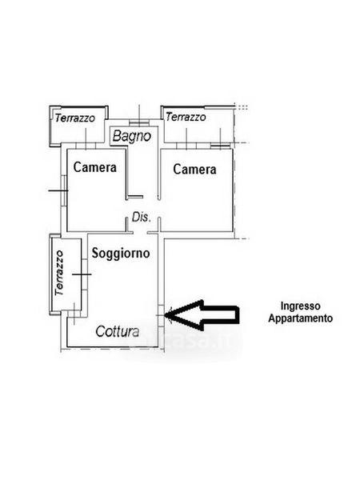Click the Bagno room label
pyautogui.click(x=132, y=136)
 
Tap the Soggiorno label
pyautogui.click(x=121, y=253)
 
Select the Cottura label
pyautogui.click(x=118, y=331)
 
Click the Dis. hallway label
pyautogui.click(x=142, y=217)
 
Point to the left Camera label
pyautogui.click(x=95, y=167)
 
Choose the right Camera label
pyautogui.click(x=194, y=169)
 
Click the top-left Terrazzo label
pyautogui.click(x=75, y=118)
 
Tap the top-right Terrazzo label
pyautogui.click(x=186, y=117)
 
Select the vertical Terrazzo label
pyautogui.click(x=59, y=273)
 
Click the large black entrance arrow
pyautogui.click(x=202, y=315)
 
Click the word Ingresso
pyautogui.click(x=301, y=306)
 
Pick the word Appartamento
pyautogui.click(x=301, y=318)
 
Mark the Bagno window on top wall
pyautogui.click(x=139, y=122)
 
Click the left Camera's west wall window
pyautogui.click(x=64, y=190)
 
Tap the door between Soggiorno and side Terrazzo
pyautogui.click(x=85, y=274)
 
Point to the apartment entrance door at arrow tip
pyautogui.click(x=162, y=315)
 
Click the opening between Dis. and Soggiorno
pyautogui.click(x=140, y=233)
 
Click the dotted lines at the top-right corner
pyautogui.click(x=242, y=107)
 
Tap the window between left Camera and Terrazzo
pyautogui.click(x=86, y=146)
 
